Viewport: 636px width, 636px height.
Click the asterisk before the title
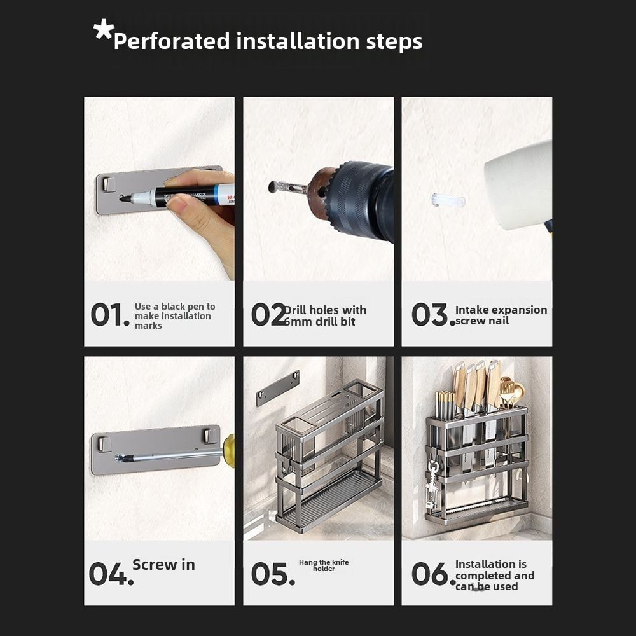point(103,30)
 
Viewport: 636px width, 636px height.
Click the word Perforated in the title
point(171,41)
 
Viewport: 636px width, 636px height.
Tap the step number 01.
point(109,315)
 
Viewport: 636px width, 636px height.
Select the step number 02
point(268,315)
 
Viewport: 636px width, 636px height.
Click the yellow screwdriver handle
point(229,450)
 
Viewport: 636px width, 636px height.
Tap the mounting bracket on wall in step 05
point(277,387)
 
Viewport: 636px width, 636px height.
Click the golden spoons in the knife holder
point(511,392)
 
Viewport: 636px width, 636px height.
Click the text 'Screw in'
point(163,565)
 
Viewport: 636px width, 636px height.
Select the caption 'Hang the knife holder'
point(324,565)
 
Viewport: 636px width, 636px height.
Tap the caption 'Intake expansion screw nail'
point(501,315)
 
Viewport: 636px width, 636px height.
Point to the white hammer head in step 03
point(519,184)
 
